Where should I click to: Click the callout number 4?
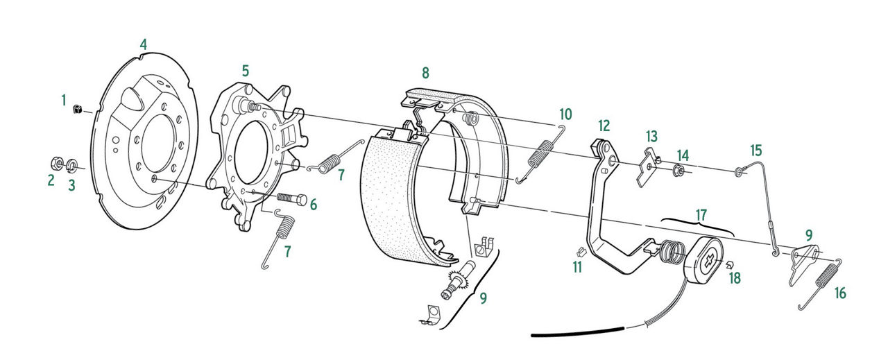[x=144, y=44]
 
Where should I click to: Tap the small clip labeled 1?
[x=77, y=109]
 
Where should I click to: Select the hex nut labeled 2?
[x=57, y=163]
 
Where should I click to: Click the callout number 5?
[x=246, y=71]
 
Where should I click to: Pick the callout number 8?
[x=425, y=73]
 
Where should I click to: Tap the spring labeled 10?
[x=542, y=155]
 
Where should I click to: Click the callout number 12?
[x=604, y=126]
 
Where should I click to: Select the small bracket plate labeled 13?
[x=647, y=167]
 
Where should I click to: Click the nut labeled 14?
[x=678, y=171]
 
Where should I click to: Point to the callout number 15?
[x=756, y=151]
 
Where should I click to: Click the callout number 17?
[x=701, y=215]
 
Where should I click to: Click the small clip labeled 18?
[x=731, y=264]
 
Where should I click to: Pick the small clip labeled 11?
[x=581, y=251]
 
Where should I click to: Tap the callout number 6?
[x=314, y=205]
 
